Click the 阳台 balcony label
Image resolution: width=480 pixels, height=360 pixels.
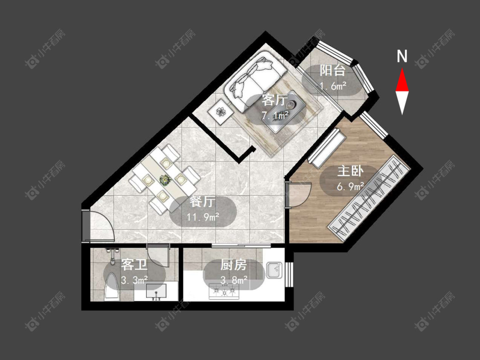[332, 71]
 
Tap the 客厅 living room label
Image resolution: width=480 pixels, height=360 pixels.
[275, 100]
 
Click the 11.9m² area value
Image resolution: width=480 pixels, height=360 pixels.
[203, 217]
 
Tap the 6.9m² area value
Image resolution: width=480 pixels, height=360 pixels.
[350, 186]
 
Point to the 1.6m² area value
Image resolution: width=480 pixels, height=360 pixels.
[333, 86]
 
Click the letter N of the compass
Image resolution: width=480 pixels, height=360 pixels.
[402, 56]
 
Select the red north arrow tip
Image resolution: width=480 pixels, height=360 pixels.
[402, 69]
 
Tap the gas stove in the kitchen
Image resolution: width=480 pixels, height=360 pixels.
[224, 291]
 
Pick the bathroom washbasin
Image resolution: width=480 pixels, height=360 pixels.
[156, 291]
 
